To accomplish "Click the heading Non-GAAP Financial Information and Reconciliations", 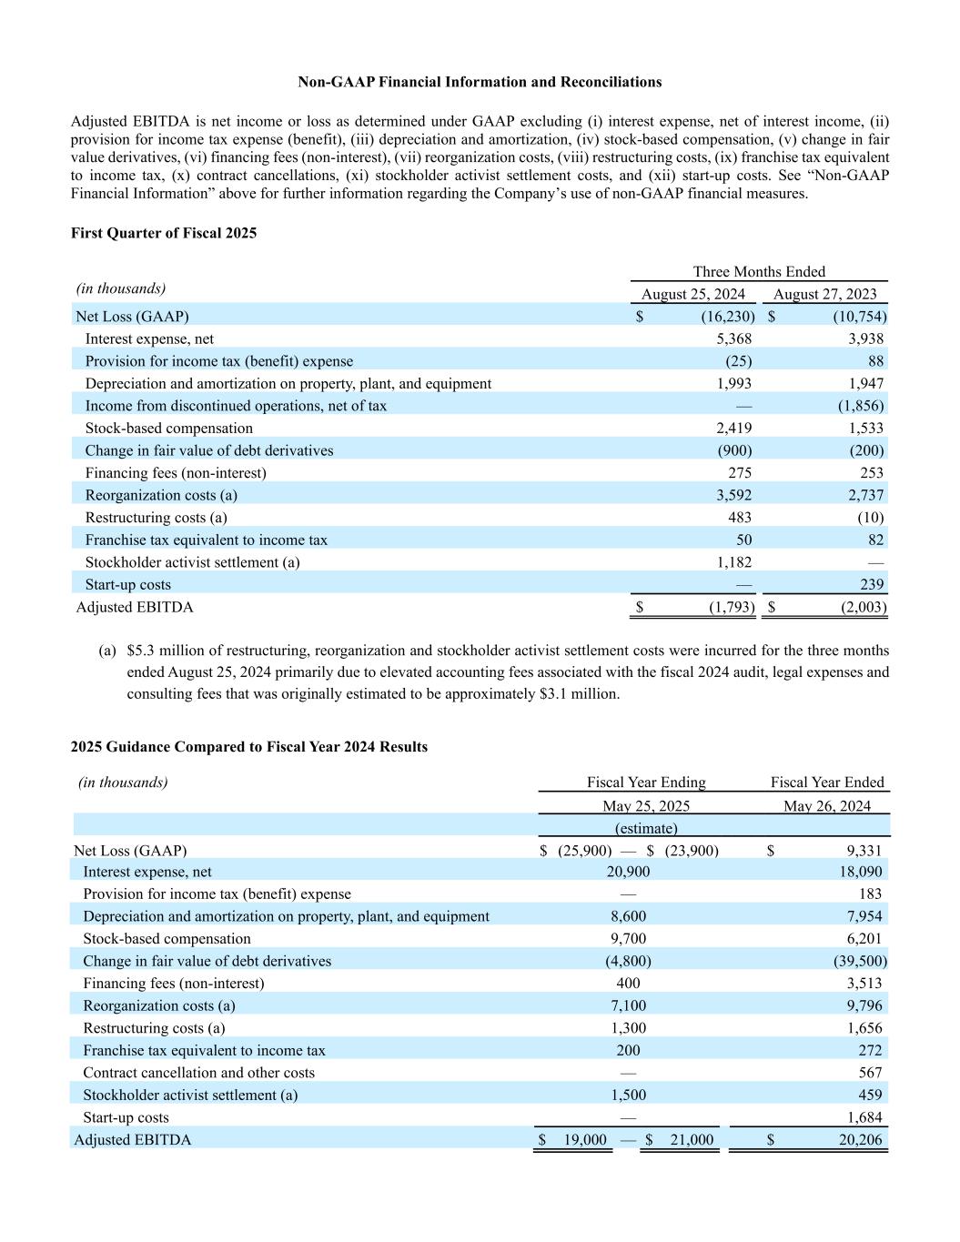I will point(480,82).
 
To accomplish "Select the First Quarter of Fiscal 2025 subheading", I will point(164,233).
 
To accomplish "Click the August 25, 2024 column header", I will point(692,294).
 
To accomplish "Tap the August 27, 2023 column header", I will point(824,294).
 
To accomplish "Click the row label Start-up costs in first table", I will point(127,584).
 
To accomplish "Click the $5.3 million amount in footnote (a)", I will point(156,651).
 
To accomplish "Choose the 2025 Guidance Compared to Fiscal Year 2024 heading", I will point(248,747).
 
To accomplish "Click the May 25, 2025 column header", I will point(646,806).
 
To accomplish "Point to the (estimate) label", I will point(646,828).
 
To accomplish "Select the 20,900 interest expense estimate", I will point(628,872).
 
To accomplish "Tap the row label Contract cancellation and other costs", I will point(198,1073).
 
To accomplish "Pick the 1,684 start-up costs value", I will point(864,1117).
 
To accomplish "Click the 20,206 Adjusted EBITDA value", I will point(859,1140).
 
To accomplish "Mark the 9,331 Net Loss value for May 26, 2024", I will point(864,851).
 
